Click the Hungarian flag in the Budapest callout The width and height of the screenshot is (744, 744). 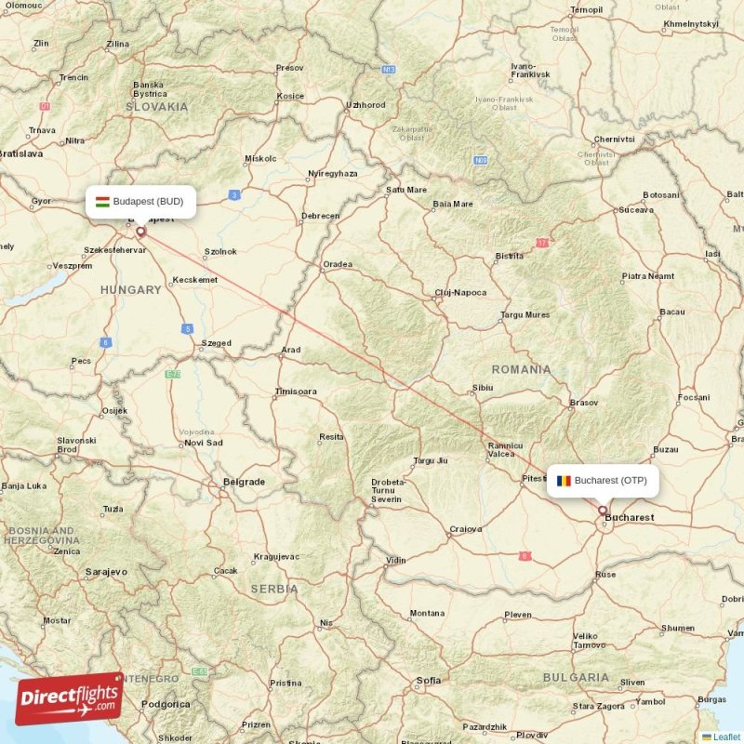click(x=103, y=201)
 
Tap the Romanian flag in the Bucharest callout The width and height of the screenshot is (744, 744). click(x=564, y=481)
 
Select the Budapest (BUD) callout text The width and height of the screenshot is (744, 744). click(x=148, y=201)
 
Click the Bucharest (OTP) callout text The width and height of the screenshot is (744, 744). click(x=610, y=481)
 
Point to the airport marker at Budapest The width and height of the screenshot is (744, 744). click(x=140, y=232)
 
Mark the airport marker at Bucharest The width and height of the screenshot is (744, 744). click(x=603, y=511)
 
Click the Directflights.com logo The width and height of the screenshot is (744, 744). click(x=69, y=698)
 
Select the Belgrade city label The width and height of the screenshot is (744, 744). click(x=244, y=482)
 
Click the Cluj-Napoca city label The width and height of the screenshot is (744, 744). click(x=460, y=293)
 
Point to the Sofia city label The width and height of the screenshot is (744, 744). click(x=429, y=680)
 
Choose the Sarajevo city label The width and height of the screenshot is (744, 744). click(x=105, y=571)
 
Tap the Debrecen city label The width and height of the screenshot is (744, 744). click(x=320, y=217)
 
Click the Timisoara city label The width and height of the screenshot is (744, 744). click(x=296, y=392)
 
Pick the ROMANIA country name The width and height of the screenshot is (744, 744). click(x=522, y=369)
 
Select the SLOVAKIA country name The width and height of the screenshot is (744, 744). click(x=156, y=107)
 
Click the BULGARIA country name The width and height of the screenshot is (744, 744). click(x=576, y=677)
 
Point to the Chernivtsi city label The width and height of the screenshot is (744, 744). click(x=614, y=139)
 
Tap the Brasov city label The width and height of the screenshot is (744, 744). click(x=583, y=403)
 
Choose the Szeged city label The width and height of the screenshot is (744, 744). click(x=216, y=343)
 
